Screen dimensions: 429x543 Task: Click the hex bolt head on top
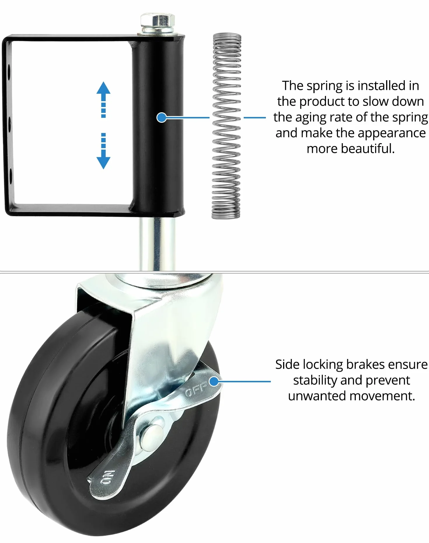click(x=158, y=20)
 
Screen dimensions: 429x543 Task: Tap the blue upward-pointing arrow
click(x=103, y=99)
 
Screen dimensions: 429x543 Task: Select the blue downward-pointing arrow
click(x=103, y=151)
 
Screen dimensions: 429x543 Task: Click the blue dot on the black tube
click(x=161, y=118)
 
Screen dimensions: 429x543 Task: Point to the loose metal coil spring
click(x=226, y=125)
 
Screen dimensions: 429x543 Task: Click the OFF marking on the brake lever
click(x=196, y=388)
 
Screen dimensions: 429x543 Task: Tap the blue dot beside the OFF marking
click(x=214, y=381)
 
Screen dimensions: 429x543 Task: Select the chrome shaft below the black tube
click(x=158, y=244)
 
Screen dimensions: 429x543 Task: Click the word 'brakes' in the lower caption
click(x=366, y=365)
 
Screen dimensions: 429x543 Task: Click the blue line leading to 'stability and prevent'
click(x=245, y=381)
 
